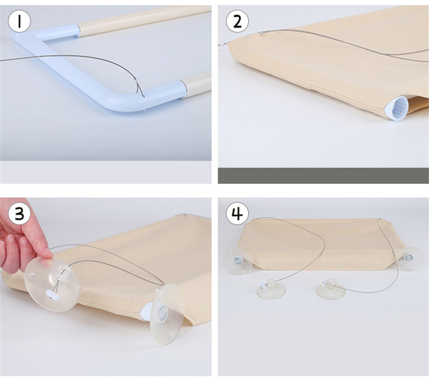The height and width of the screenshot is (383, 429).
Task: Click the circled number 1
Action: (19, 21)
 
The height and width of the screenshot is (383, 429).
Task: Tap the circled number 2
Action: (237, 21)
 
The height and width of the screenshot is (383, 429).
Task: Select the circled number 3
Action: (19, 214)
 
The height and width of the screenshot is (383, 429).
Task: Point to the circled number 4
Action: (237, 214)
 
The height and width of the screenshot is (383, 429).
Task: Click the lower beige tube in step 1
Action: (197, 84)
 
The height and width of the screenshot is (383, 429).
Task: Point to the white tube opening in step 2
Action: (396, 108)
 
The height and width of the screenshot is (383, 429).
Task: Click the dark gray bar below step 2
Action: (323, 176)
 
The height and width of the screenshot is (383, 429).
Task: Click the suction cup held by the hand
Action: (51, 285)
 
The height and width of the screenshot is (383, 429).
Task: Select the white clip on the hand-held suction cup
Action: (52, 295)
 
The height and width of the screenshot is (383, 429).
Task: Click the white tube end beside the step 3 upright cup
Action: (146, 312)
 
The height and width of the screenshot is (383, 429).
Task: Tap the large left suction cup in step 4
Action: (238, 262)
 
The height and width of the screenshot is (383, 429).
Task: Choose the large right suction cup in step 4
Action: (409, 259)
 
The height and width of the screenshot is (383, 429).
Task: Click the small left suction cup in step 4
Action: (271, 289)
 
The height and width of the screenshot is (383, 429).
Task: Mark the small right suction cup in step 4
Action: (330, 288)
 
